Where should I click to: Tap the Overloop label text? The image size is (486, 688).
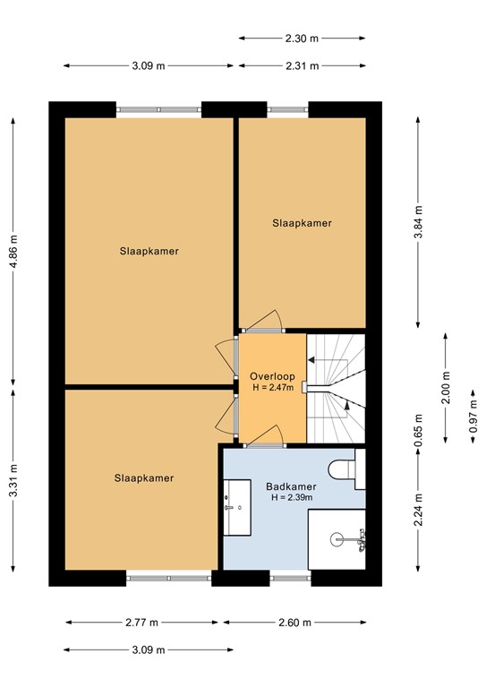click(x=271, y=375)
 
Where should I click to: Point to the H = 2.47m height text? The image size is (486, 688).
click(x=271, y=387)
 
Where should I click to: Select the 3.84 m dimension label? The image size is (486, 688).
click(x=418, y=223)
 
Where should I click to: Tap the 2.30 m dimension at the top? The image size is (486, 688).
click(x=303, y=39)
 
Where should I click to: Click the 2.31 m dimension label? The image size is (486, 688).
click(x=303, y=65)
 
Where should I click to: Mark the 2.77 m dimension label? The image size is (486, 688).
click(x=141, y=623)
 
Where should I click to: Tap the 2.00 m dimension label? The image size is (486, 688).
click(x=446, y=388)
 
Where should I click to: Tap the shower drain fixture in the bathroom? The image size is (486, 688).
click(x=337, y=539)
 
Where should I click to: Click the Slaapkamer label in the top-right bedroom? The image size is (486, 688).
click(x=302, y=223)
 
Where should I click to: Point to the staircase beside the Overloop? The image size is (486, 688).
click(x=336, y=388)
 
